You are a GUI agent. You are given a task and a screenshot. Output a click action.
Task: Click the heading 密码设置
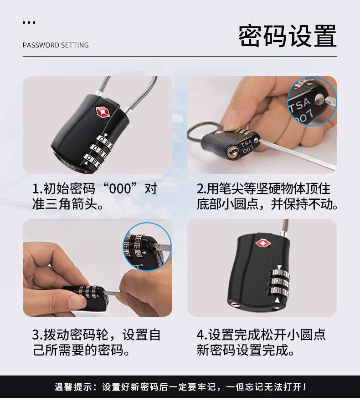(x=287, y=36)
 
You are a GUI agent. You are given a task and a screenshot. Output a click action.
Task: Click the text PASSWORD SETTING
(x=56, y=45)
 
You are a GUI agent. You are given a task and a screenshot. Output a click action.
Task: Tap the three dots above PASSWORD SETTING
(x=29, y=22)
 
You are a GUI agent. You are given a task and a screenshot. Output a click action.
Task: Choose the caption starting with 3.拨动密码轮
(x=96, y=343)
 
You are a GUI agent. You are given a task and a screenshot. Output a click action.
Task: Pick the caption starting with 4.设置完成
(x=261, y=343)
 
